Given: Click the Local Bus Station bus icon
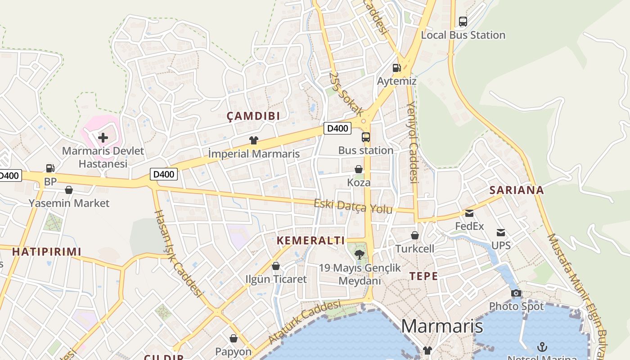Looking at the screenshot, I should [463, 21].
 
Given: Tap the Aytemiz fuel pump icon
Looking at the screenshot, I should [396, 68].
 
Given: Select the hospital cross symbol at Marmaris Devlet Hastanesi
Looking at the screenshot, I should [103, 137].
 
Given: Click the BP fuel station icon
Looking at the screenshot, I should [50, 168].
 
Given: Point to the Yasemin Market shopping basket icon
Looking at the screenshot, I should [69, 190].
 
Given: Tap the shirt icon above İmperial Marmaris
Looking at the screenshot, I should [254, 140].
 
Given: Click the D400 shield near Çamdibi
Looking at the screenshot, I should [337, 128].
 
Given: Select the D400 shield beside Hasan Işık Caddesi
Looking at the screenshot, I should [164, 174].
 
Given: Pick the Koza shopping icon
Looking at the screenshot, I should [359, 169].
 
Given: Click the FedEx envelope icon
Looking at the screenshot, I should [469, 213].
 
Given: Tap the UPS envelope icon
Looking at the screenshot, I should [501, 233].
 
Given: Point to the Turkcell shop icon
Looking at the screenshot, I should [415, 235].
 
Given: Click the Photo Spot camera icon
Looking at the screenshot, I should [516, 293].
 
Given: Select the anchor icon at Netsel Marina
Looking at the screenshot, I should [542, 346].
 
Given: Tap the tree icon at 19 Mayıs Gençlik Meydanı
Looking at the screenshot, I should [359, 255].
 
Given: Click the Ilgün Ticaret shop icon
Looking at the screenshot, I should [276, 266].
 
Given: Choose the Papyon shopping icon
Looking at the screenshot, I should [234, 338].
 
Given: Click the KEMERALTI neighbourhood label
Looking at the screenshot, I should [310, 240].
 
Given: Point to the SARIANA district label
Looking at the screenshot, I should [517, 190].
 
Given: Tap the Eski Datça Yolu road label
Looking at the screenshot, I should [353, 207].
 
